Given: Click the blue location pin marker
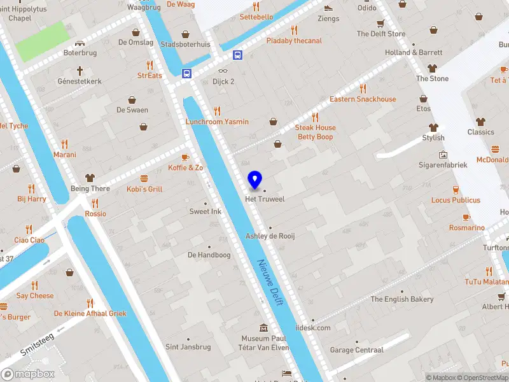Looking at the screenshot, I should (x=255, y=180).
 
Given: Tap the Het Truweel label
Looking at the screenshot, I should (x=265, y=199).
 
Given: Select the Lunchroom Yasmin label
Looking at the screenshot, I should (x=217, y=122).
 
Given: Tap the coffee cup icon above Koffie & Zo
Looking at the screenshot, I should (x=185, y=157).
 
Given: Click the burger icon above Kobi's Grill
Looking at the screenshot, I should (x=144, y=178).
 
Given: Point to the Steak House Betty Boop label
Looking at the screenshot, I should (x=315, y=132).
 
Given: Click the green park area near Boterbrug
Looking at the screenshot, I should (x=41, y=41).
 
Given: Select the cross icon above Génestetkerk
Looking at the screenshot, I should (x=80, y=71).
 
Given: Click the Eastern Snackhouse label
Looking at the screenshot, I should (x=363, y=99).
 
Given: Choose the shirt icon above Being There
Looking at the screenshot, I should (x=90, y=178).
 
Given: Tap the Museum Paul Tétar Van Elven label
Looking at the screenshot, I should (x=265, y=343).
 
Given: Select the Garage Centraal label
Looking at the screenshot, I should (x=356, y=350).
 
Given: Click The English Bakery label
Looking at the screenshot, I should (x=401, y=299).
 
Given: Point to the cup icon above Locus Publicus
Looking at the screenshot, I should (x=456, y=190).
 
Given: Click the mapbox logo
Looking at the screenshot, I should (x=27, y=374).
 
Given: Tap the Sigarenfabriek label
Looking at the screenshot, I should (x=443, y=164).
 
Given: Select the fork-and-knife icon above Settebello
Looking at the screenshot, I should (x=256, y=6).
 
